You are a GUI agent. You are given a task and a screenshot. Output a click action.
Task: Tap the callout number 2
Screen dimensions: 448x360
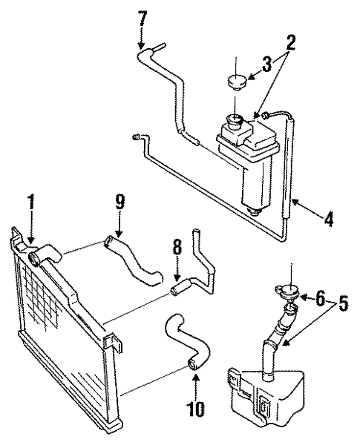pyautogui.click(x=291, y=42)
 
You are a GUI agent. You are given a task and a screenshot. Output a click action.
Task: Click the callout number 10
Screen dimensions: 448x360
pyautogui.click(x=196, y=407)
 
